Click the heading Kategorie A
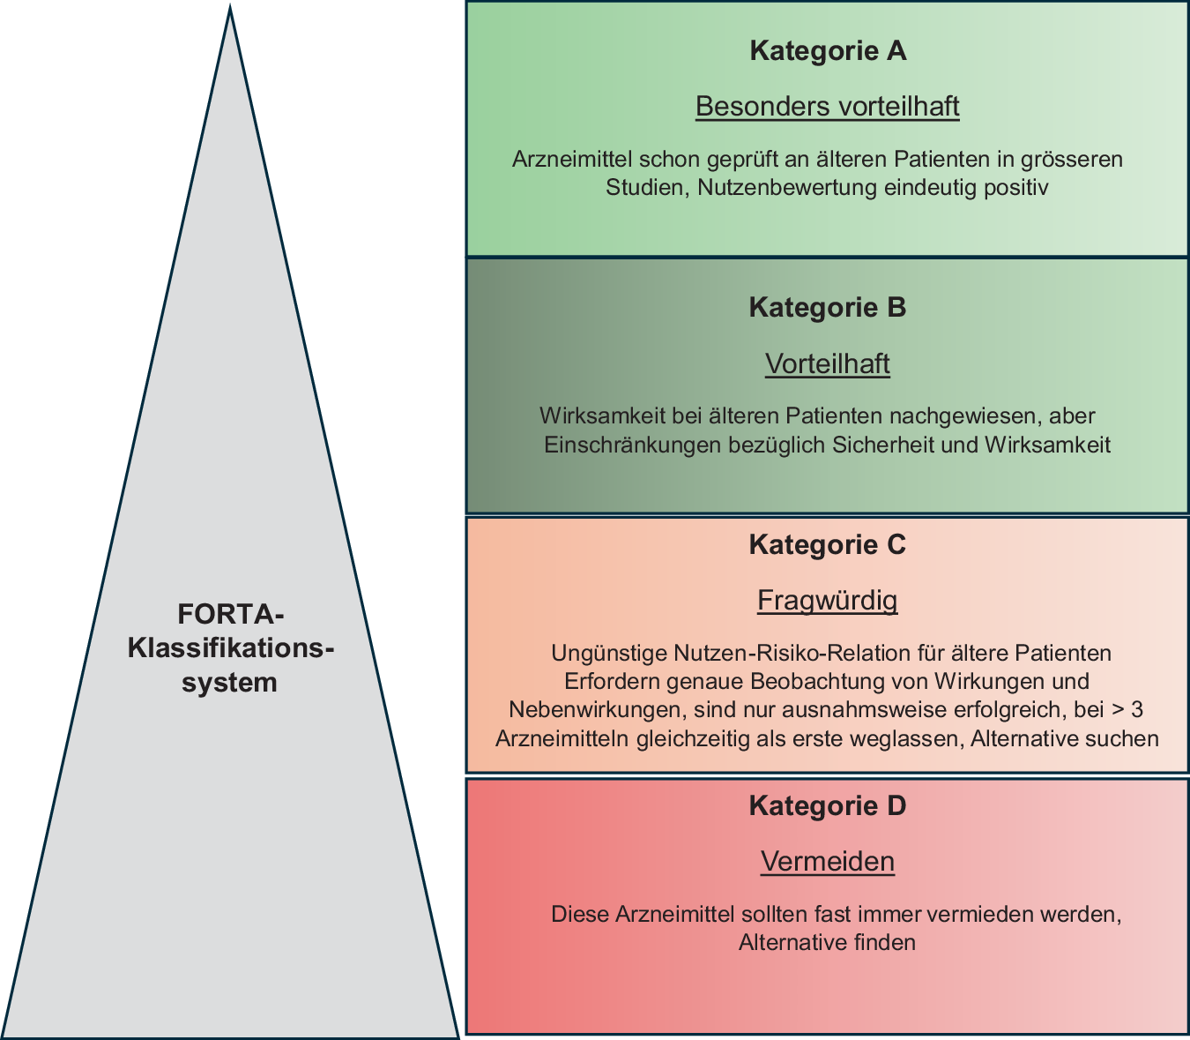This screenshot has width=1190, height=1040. pyautogui.click(x=828, y=51)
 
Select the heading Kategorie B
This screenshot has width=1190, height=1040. pyautogui.click(x=828, y=308)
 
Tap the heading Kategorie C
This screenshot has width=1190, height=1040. pyautogui.click(x=828, y=545)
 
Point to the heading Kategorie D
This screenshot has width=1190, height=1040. pyautogui.click(x=828, y=806)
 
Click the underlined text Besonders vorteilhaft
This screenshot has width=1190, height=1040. pyautogui.click(x=828, y=107)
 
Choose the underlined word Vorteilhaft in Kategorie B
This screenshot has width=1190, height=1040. pyautogui.click(x=828, y=364)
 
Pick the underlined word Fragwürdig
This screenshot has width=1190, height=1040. pyautogui.click(x=828, y=602)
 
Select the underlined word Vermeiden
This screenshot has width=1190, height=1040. pyautogui.click(x=828, y=862)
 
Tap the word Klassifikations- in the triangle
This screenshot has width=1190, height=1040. pyautogui.click(x=231, y=648)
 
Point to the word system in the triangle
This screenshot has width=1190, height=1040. pyautogui.click(x=230, y=683)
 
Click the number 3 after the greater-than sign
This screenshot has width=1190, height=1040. pyautogui.click(x=1137, y=710)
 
